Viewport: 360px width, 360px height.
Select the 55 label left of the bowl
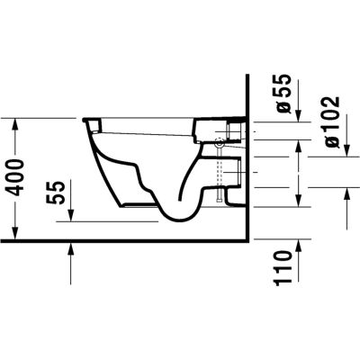click(58, 191)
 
